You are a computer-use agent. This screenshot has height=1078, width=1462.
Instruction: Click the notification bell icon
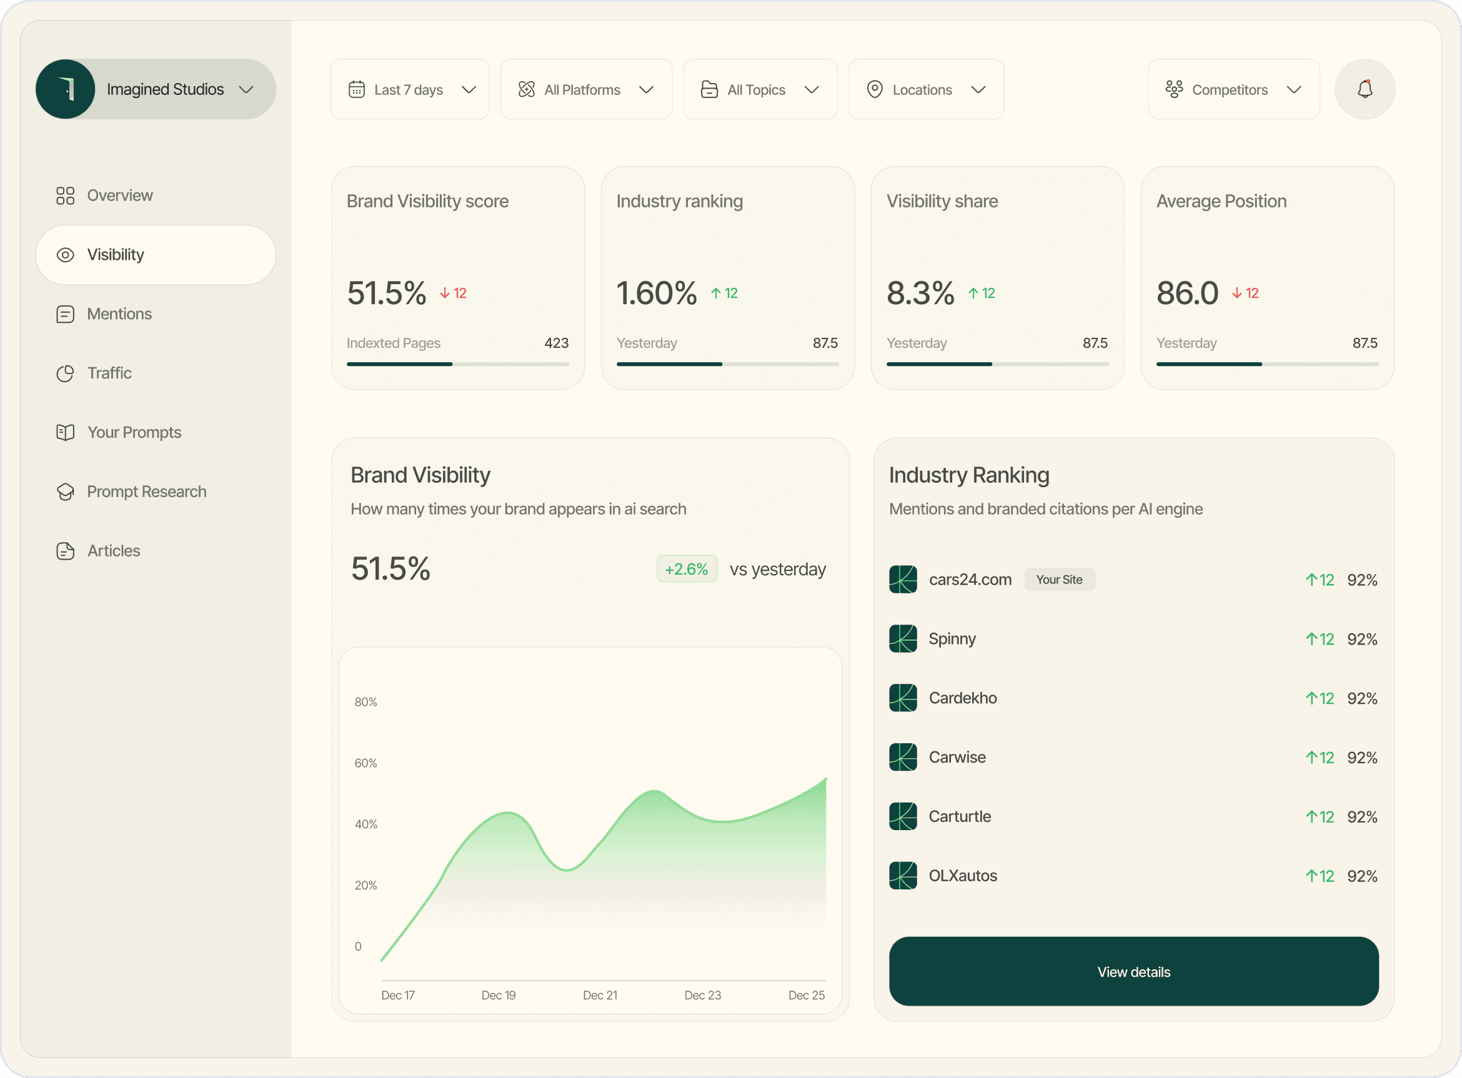pyautogui.click(x=1364, y=89)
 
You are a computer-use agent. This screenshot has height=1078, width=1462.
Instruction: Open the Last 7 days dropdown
pyautogui.click(x=410, y=89)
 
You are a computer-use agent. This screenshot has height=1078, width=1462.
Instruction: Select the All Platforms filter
pyautogui.click(x=585, y=89)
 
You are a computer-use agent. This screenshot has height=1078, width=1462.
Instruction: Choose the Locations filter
pyautogui.click(x=925, y=89)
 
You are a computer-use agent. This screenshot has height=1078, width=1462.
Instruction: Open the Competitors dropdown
pyautogui.click(x=1233, y=89)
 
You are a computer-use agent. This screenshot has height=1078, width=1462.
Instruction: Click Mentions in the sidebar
pyautogui.click(x=119, y=314)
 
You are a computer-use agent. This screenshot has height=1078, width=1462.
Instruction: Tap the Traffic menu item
pyautogui.click(x=109, y=373)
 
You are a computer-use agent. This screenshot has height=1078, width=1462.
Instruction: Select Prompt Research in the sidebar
pyautogui.click(x=146, y=492)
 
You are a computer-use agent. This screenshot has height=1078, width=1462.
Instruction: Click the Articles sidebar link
pyautogui.click(x=114, y=551)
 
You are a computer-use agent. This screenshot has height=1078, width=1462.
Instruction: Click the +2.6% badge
pyautogui.click(x=686, y=569)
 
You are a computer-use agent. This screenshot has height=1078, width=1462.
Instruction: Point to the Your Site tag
pyautogui.click(x=1058, y=580)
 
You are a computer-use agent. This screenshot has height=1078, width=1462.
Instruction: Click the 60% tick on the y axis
pyautogui.click(x=365, y=763)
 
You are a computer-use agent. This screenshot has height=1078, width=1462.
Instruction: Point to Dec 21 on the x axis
pyautogui.click(x=599, y=995)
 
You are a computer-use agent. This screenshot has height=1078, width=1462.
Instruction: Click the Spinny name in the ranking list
pyautogui.click(x=952, y=639)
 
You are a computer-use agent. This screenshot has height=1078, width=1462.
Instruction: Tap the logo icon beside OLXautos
pyautogui.click(x=903, y=876)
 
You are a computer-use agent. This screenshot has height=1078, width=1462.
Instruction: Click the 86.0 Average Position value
pyautogui.click(x=1186, y=293)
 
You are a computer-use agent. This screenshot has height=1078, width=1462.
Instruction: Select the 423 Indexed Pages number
pyautogui.click(x=556, y=344)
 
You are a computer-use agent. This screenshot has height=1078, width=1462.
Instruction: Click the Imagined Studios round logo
pyautogui.click(x=65, y=89)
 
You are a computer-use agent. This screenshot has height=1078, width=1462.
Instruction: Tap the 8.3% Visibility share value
pyautogui.click(x=920, y=293)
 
